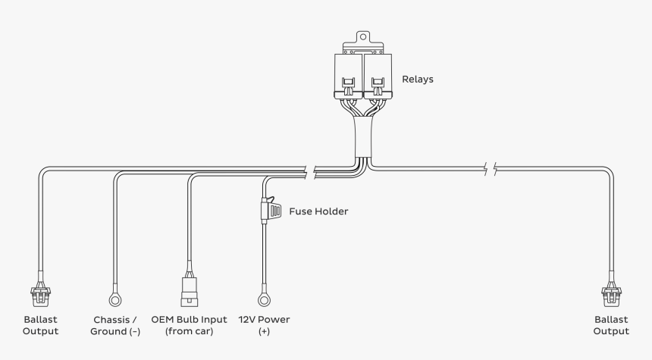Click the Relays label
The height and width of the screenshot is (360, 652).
tap(418, 79)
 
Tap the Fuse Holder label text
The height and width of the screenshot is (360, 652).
tap(318, 211)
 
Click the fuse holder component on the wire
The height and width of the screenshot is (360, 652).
tap(269, 209)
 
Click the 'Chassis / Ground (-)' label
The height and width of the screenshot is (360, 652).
tap(115, 325)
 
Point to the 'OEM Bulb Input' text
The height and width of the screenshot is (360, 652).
tap(189, 319)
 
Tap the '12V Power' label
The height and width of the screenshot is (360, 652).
tap(264, 319)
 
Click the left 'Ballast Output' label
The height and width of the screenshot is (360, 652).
tap(39, 325)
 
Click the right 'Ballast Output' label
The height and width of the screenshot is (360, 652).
tap(611, 325)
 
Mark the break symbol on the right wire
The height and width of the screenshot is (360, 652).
tap(490, 168)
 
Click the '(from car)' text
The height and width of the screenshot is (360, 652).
tap(189, 332)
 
